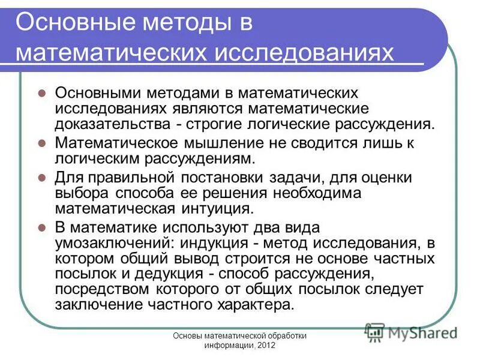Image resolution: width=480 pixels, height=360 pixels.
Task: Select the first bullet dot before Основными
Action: pos(42,94)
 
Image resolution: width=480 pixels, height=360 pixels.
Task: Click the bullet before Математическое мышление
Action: pos(42,145)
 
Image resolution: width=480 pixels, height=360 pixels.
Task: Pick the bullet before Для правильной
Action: pos(42,178)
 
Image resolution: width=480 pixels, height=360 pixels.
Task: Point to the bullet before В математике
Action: pos(42,229)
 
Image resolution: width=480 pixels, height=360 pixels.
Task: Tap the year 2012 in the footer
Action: pos(266,347)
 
